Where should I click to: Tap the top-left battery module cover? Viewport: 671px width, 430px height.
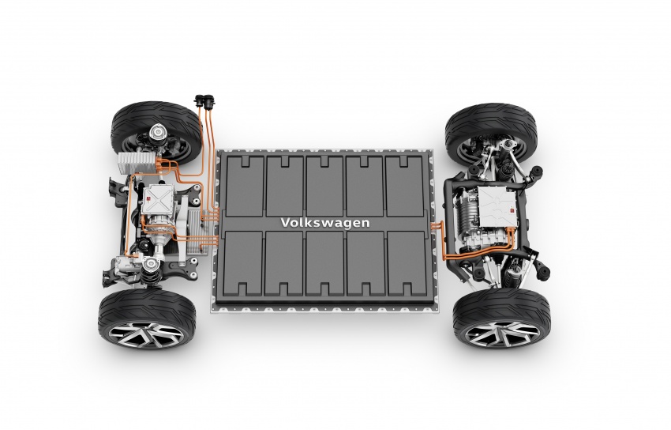point(244,183)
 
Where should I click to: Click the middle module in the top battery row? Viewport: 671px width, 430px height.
point(324,183)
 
